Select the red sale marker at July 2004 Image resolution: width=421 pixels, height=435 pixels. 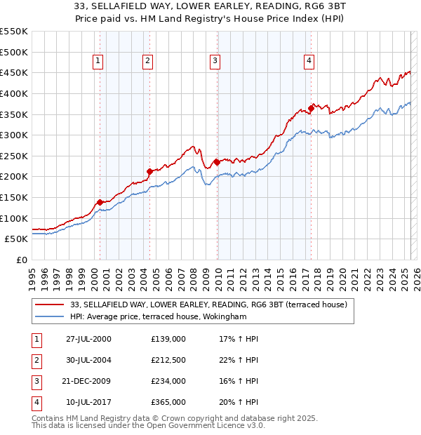(x=149, y=170)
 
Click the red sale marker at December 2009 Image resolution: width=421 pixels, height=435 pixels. (x=217, y=162)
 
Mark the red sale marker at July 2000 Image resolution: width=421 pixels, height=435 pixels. (x=100, y=201)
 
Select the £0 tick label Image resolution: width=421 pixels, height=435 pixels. (x=21, y=260)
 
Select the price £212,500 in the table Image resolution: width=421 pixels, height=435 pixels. (x=168, y=360)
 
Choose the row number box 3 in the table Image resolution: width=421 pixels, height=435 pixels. (x=34, y=381)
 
